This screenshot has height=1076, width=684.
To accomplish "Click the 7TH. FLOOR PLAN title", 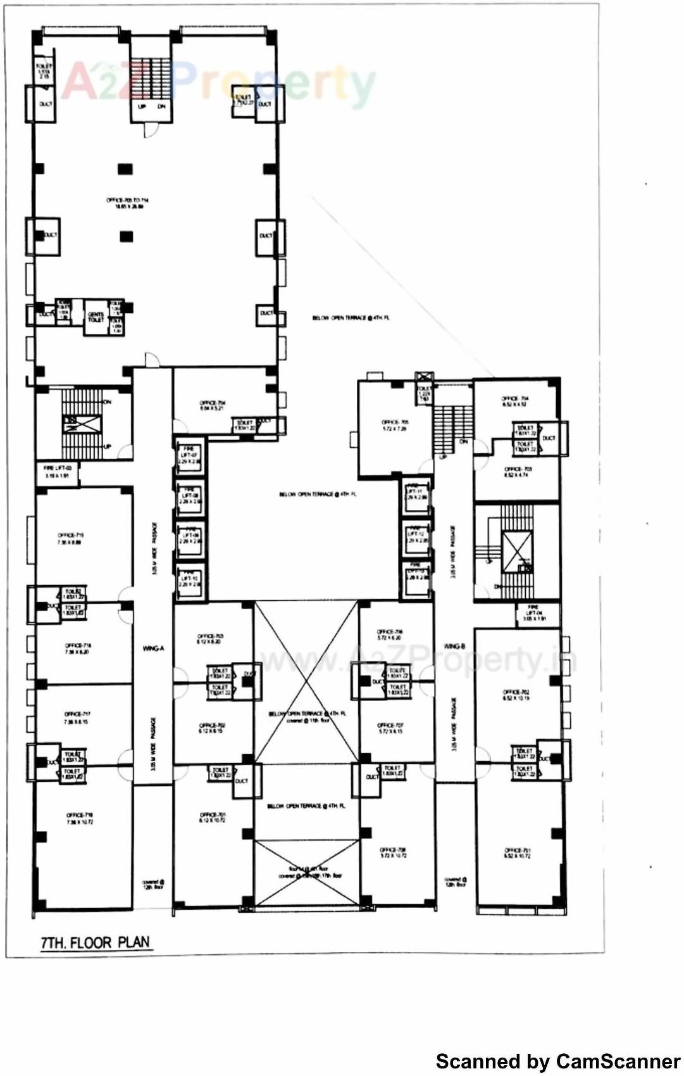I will (95, 942).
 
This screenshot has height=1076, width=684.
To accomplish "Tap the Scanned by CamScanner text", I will (557, 1061).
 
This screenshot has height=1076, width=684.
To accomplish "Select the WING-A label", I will (152, 649).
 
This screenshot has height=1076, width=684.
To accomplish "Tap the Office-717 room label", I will (77, 714).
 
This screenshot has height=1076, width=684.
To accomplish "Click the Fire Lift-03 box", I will (58, 472).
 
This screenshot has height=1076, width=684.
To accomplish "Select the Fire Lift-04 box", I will (534, 615).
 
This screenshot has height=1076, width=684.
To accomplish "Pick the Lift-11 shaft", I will (416, 494).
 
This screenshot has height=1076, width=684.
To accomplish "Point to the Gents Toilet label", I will (96, 317).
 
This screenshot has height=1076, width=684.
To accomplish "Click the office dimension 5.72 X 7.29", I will (395, 429).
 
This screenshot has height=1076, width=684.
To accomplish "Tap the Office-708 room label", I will (393, 850).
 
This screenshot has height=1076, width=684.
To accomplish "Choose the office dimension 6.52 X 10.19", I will (516, 698).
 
